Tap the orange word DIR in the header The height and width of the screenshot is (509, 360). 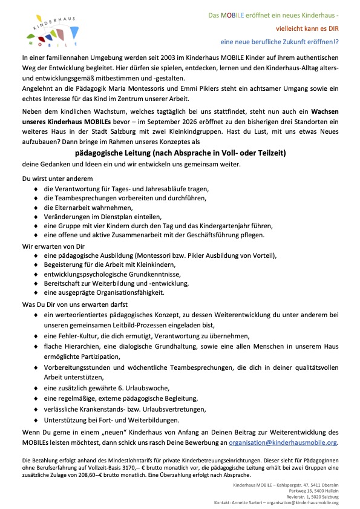click(x=332, y=28)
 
